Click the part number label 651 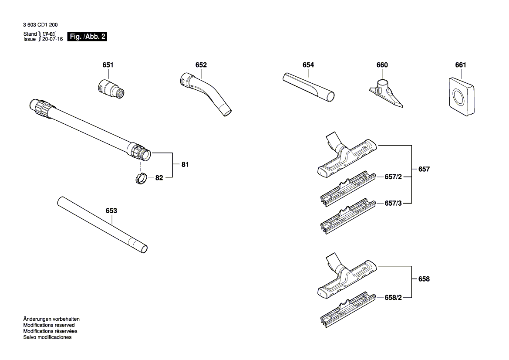[108, 65]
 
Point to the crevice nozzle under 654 [308, 87]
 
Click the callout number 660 [382, 65]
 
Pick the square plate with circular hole [460, 97]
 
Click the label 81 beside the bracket [185, 165]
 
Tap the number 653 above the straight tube [111, 211]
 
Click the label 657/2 [394, 177]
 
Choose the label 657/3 [394, 203]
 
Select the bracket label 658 [424, 279]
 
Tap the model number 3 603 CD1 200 [40, 25]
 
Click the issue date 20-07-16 [52, 39]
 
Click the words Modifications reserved [49, 325]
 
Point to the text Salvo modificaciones [47, 337]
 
